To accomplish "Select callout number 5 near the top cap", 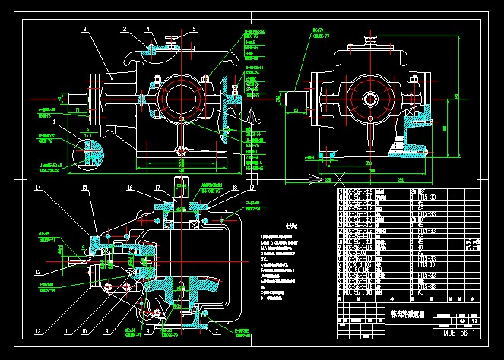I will coord(194,29).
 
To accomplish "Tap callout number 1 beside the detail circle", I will coord(52,122).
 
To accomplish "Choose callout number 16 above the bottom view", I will coord(130,188).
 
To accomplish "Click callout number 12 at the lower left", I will coord(37,332).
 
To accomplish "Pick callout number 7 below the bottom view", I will coord(217,333).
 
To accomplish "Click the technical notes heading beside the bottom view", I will coord(270,226).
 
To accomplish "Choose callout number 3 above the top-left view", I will coord(124,28).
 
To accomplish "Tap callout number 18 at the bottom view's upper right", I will coord(235,188).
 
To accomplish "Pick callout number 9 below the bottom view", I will coord(106,332).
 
